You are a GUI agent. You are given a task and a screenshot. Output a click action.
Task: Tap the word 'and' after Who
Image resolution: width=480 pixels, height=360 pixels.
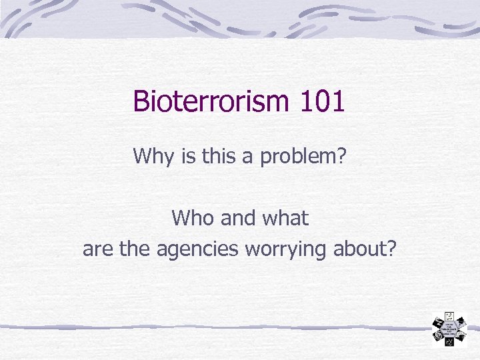pos(233,218)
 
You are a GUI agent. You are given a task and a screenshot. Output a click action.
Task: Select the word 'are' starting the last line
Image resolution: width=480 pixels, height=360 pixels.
pos(97,249)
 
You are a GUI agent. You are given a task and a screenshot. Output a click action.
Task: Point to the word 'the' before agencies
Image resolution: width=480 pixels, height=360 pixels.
pos(136,249)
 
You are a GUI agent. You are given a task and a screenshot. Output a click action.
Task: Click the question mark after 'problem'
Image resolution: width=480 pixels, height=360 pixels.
pos(341,156)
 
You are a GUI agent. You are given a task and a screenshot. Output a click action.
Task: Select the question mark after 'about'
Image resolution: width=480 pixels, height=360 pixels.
pos(391,249)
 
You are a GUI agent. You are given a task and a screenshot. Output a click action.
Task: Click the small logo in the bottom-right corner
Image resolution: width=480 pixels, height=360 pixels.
pos(449,329)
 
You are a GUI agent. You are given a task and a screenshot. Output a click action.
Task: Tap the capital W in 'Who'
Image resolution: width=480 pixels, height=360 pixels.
pos(181,218)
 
